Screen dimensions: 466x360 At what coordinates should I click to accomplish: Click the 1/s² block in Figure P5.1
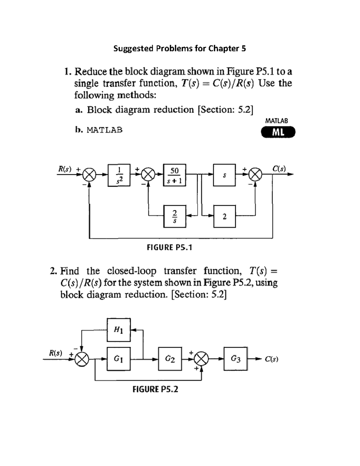click(x=119, y=175)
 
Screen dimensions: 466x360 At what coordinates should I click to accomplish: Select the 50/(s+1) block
click(x=174, y=175)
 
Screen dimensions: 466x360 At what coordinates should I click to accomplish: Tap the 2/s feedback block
click(x=174, y=216)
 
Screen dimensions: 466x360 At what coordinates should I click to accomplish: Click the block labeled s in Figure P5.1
click(x=224, y=175)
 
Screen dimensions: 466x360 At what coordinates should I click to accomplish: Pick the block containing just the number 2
click(x=224, y=216)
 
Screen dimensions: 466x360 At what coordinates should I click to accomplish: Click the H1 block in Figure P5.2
click(x=119, y=330)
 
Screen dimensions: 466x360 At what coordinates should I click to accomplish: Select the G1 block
click(x=119, y=359)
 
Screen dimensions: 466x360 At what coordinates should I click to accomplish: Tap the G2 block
click(x=170, y=359)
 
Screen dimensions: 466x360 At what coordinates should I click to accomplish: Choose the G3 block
click(x=235, y=359)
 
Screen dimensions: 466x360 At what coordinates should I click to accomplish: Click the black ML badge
click(x=278, y=132)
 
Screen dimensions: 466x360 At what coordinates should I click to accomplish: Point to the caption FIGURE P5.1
click(x=169, y=248)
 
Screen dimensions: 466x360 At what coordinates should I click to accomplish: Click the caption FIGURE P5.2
click(x=155, y=389)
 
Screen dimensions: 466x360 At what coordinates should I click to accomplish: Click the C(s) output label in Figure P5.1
click(x=279, y=169)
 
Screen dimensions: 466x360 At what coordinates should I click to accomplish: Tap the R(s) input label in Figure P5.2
click(x=56, y=353)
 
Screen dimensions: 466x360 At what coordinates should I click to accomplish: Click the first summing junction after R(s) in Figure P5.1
click(x=89, y=174)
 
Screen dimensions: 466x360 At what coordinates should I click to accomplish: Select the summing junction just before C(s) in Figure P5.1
click(x=256, y=174)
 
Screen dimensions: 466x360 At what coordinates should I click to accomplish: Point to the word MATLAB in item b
click(x=104, y=130)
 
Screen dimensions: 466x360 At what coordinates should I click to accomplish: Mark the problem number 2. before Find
click(x=53, y=271)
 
